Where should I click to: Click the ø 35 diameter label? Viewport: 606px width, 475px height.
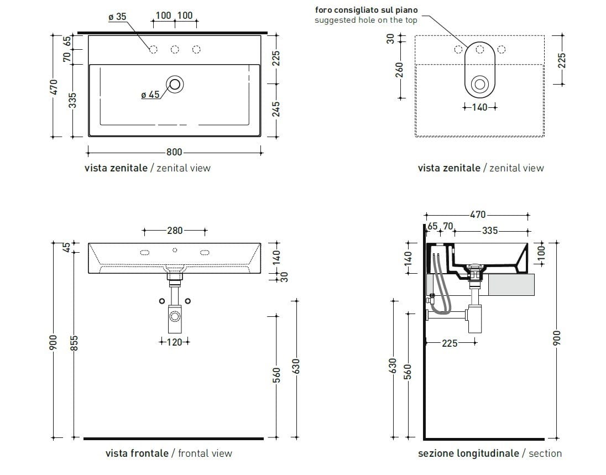[x=117, y=17]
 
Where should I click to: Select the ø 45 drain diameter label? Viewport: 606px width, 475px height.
[x=150, y=95]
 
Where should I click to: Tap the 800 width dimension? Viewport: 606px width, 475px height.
[x=174, y=152]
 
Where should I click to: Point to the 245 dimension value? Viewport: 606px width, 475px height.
[x=276, y=108]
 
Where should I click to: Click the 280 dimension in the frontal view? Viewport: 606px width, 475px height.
[x=174, y=231]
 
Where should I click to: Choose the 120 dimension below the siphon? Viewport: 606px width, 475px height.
[x=174, y=342]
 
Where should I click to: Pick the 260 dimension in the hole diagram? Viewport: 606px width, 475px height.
[x=400, y=70]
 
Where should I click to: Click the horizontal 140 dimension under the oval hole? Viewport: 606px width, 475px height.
[x=479, y=107]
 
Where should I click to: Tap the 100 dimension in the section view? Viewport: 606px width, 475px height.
[x=542, y=252]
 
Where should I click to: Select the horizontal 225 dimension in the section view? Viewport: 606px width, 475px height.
[x=450, y=343]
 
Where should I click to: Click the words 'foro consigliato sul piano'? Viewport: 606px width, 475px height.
[x=366, y=9]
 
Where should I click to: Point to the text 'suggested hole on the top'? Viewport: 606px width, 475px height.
[x=365, y=20]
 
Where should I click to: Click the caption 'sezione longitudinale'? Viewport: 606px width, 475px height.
[x=468, y=453]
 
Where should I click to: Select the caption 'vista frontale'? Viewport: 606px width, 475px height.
[x=137, y=453]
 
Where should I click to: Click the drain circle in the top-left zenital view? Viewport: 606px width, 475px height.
[x=176, y=84]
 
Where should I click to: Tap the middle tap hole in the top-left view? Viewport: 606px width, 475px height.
[x=175, y=50]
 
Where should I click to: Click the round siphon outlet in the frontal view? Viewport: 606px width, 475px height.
[x=175, y=316]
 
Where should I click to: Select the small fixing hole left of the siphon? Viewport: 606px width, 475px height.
[x=161, y=301]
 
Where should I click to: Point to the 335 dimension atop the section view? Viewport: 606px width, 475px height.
[x=489, y=231]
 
